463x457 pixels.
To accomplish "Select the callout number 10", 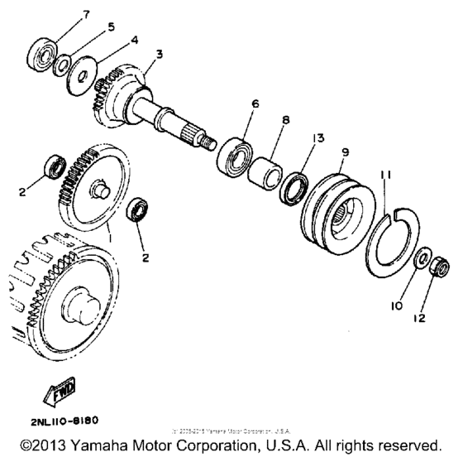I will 395,305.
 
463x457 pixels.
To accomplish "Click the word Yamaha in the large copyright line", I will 107,443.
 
